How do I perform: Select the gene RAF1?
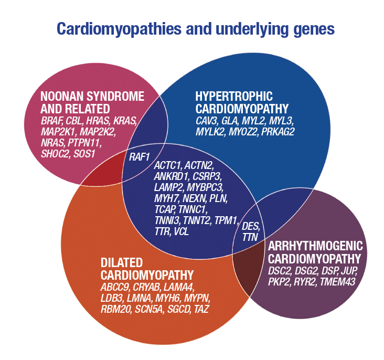point(139,156)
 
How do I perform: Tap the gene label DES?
point(251,227)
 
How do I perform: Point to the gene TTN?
point(250,237)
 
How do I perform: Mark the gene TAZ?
point(200,309)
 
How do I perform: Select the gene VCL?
point(181,231)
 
